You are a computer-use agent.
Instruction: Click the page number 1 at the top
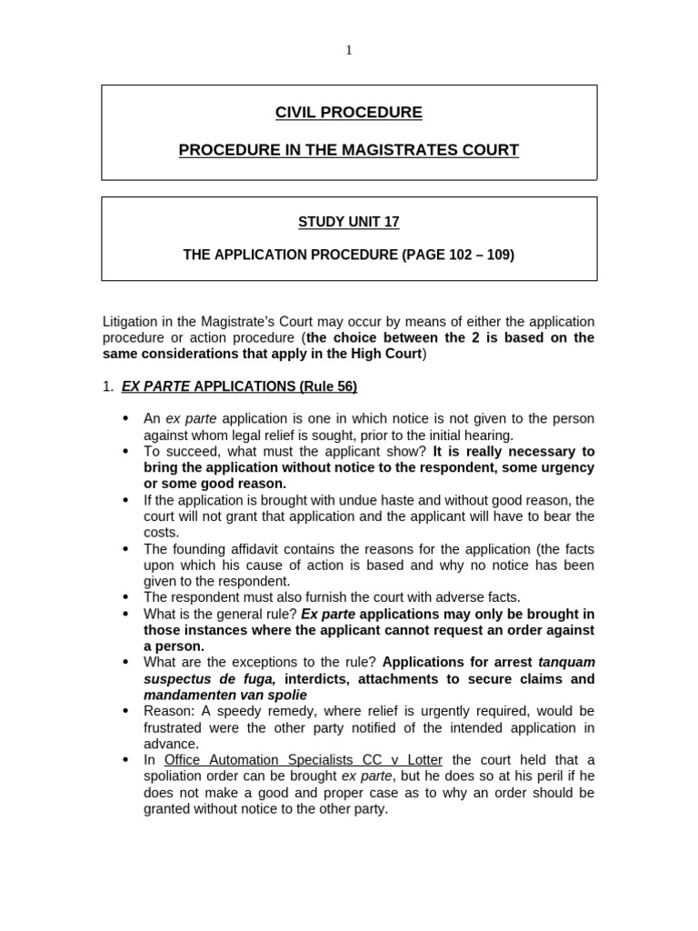349,51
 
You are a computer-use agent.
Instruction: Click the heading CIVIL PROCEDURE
349,113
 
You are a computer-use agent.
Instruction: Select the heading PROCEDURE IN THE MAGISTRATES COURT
349,150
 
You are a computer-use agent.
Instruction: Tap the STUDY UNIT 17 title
349,222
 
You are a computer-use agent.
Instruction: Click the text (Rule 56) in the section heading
328,386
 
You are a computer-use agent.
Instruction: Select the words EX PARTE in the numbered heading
155,386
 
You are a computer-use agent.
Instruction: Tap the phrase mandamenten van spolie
225,696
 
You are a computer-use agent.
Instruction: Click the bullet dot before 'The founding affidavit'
125,550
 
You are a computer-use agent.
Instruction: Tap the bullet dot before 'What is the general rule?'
125,614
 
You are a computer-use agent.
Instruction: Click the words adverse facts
480,597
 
